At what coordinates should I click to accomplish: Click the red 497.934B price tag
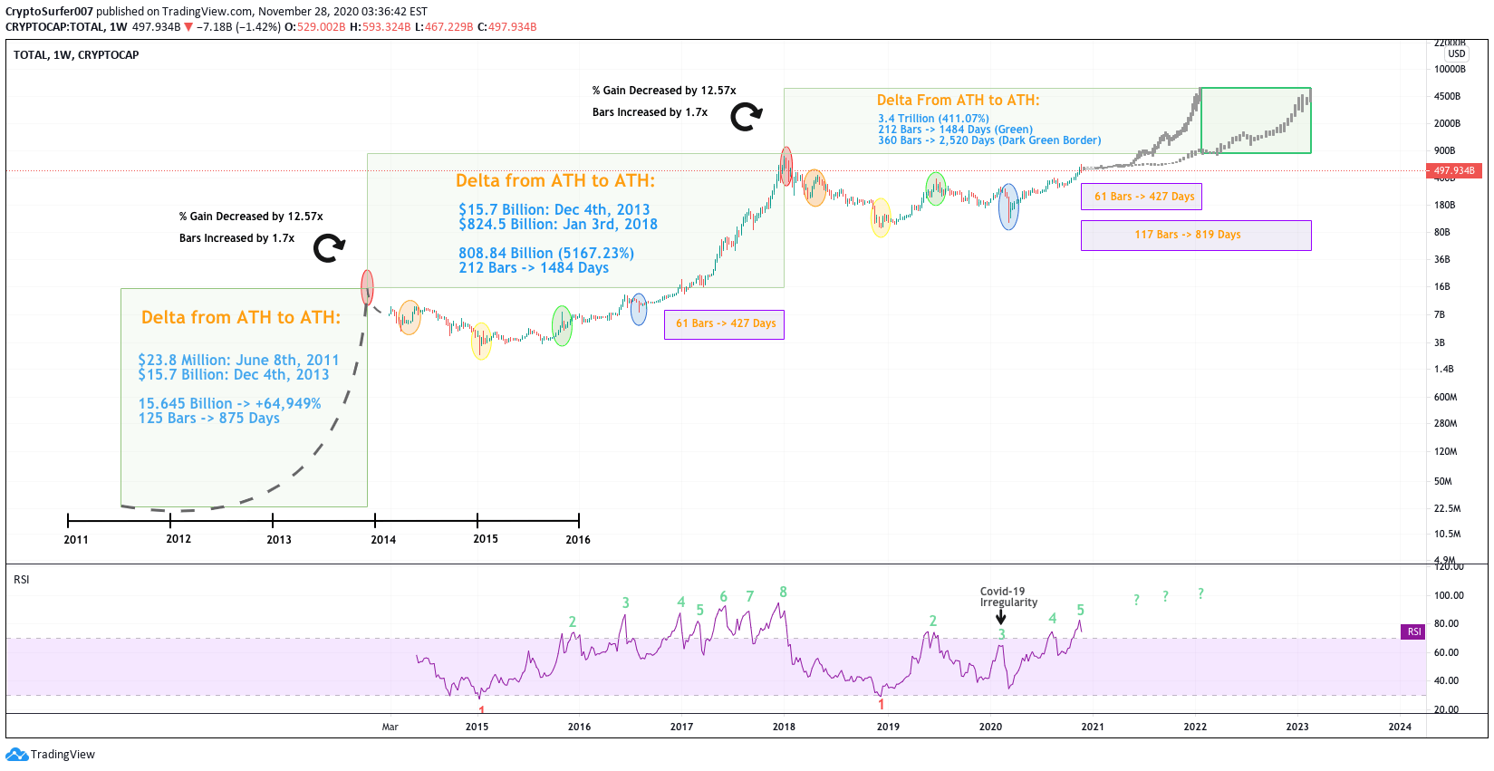pos(1454,170)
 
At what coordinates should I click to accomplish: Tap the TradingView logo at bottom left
pos(51,754)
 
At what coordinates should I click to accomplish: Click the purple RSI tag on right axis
pos(1413,631)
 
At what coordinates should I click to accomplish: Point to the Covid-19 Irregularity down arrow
pos(1000,618)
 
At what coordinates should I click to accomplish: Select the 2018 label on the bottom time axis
pos(784,727)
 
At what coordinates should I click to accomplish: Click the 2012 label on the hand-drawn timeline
pos(178,539)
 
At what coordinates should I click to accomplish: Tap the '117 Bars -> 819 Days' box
pos(1195,235)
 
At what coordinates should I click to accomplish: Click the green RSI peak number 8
pos(783,593)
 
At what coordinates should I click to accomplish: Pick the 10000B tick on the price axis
pos(1450,70)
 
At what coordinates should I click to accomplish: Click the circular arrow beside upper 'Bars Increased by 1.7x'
pos(747,116)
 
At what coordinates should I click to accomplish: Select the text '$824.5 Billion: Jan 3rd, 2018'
pos(558,225)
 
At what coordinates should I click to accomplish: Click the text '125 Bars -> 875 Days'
pos(208,419)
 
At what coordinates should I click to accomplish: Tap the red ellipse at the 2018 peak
pos(786,166)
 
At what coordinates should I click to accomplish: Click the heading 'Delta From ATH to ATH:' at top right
pos(958,101)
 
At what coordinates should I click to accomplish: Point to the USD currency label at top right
pos(1456,54)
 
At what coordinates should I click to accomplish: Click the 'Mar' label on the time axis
pos(390,727)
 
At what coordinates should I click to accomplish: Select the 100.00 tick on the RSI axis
pos(1449,595)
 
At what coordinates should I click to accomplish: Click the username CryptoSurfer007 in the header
pos(49,12)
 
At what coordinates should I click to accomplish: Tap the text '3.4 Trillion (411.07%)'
pos(933,119)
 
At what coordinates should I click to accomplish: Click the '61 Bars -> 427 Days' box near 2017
pos(725,323)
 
